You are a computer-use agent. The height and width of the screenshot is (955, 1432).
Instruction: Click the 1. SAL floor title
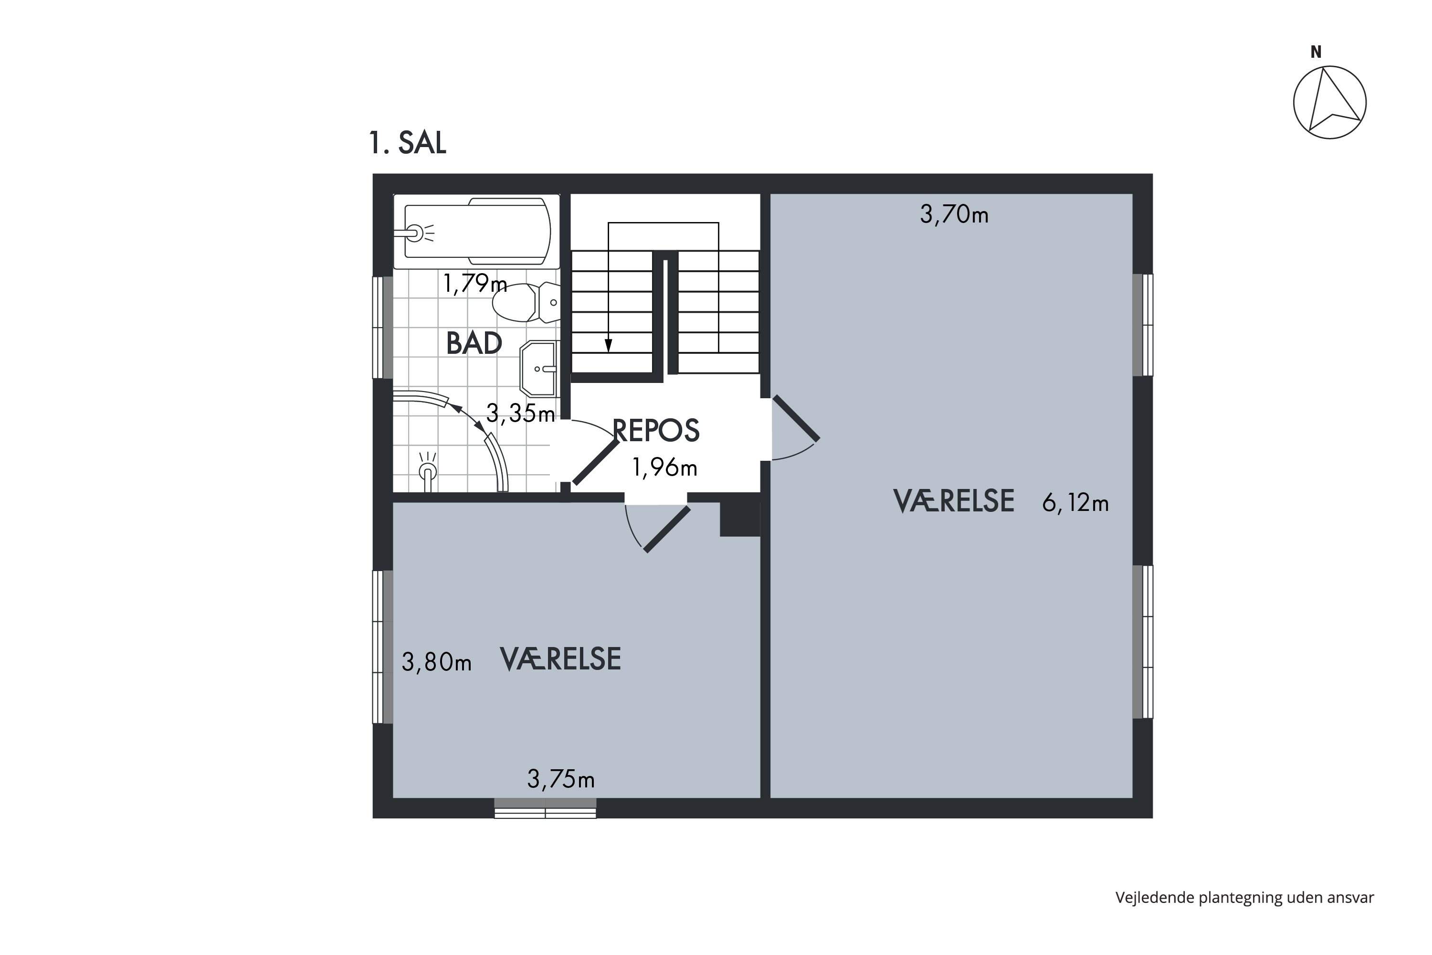coord(407,143)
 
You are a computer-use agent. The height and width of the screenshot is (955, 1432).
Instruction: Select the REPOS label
coord(656,431)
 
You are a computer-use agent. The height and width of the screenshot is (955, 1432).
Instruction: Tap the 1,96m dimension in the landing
coord(664,468)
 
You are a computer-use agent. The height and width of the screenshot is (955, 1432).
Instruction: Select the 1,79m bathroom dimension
coord(474,283)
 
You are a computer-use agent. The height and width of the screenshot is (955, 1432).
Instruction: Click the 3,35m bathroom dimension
coord(520,414)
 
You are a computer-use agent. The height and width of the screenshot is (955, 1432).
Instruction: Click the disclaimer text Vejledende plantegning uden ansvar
coord(1244,897)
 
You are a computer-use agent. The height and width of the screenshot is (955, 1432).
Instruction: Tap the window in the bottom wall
coord(545,808)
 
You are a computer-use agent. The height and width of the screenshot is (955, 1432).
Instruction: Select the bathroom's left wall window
coord(382,328)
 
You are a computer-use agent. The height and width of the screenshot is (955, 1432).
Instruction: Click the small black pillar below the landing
coord(740,519)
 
